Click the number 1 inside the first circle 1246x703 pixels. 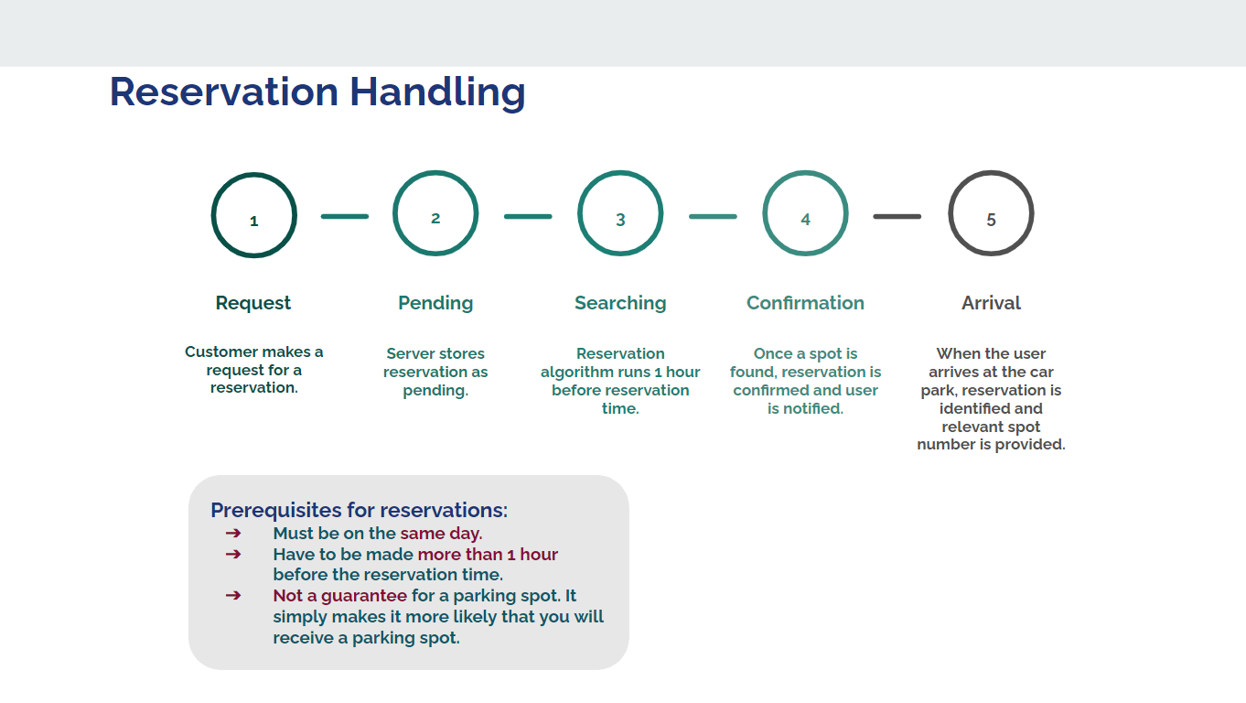pyautogui.click(x=253, y=221)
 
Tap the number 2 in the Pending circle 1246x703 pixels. pyautogui.click(x=435, y=218)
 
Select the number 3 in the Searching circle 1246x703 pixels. pyautogui.click(x=620, y=220)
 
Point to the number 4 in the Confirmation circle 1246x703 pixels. pyautogui.click(x=805, y=220)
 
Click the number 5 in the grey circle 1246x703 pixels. pyautogui.click(x=991, y=220)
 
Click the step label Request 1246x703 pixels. pyautogui.click(x=253, y=303)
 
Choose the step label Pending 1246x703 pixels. pyautogui.click(x=435, y=303)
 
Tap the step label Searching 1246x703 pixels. pyautogui.click(x=620, y=303)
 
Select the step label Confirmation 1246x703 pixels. pyautogui.click(x=805, y=303)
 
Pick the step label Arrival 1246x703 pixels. pyautogui.click(x=991, y=303)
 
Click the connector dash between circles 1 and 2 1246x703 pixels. pyautogui.click(x=345, y=217)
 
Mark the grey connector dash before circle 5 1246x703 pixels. pyautogui.click(x=897, y=217)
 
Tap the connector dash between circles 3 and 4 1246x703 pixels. pyautogui.click(x=713, y=217)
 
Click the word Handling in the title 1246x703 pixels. pyautogui.click(x=437, y=92)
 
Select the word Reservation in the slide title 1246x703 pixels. pyautogui.click(x=224, y=92)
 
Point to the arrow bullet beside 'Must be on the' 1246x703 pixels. pyautogui.click(x=233, y=534)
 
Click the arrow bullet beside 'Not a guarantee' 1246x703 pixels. pyautogui.click(x=233, y=596)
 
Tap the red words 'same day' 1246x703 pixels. pyautogui.click(x=439, y=534)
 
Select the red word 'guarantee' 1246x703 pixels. pyautogui.click(x=364, y=597)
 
